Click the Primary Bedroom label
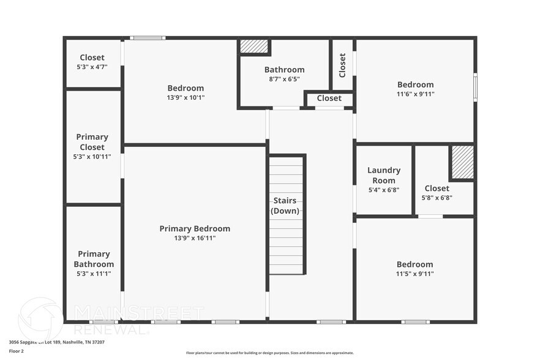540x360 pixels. (x=195, y=228)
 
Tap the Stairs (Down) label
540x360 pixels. (x=285, y=206)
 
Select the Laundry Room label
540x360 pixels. (x=384, y=175)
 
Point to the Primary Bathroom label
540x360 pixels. (x=94, y=259)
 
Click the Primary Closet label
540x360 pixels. (x=92, y=142)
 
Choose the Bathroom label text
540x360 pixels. (x=284, y=70)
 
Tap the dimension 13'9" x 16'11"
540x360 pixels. (x=195, y=238)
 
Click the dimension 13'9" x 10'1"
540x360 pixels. (x=186, y=97)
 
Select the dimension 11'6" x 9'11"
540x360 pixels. (x=415, y=94)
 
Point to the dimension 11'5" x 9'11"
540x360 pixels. (x=414, y=274)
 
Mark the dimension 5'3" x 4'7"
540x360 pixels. (x=92, y=67)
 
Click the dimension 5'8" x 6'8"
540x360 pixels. (x=437, y=198)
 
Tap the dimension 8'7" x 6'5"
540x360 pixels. (x=284, y=79)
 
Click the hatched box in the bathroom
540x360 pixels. (x=254, y=47)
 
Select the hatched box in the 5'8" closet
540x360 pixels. (x=462, y=162)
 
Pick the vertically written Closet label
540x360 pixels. (x=342, y=66)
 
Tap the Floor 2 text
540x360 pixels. (x=17, y=351)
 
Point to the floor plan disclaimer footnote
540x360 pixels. (x=269, y=353)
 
